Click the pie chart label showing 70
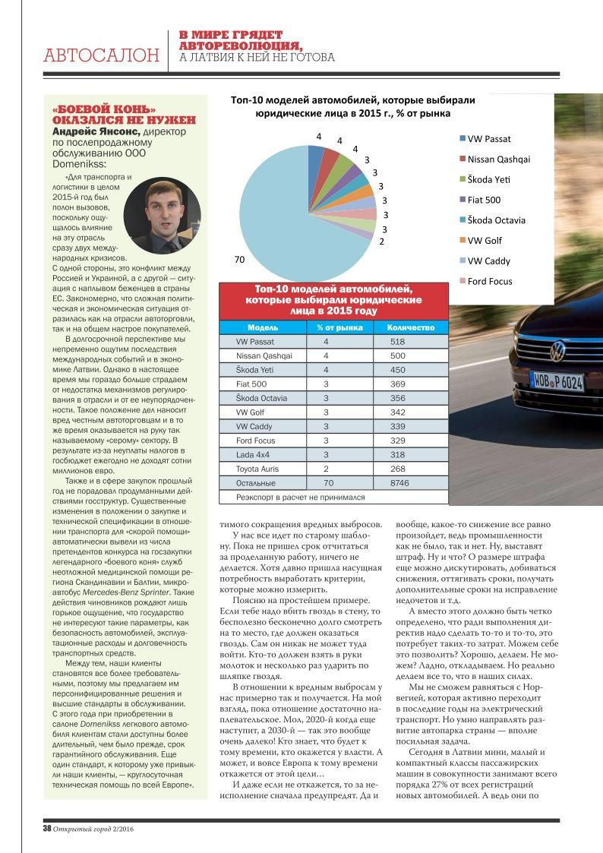click(239, 260)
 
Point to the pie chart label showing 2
click(380, 241)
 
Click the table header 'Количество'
click(410, 327)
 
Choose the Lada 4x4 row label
click(254, 454)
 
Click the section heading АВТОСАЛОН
click(101, 55)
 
